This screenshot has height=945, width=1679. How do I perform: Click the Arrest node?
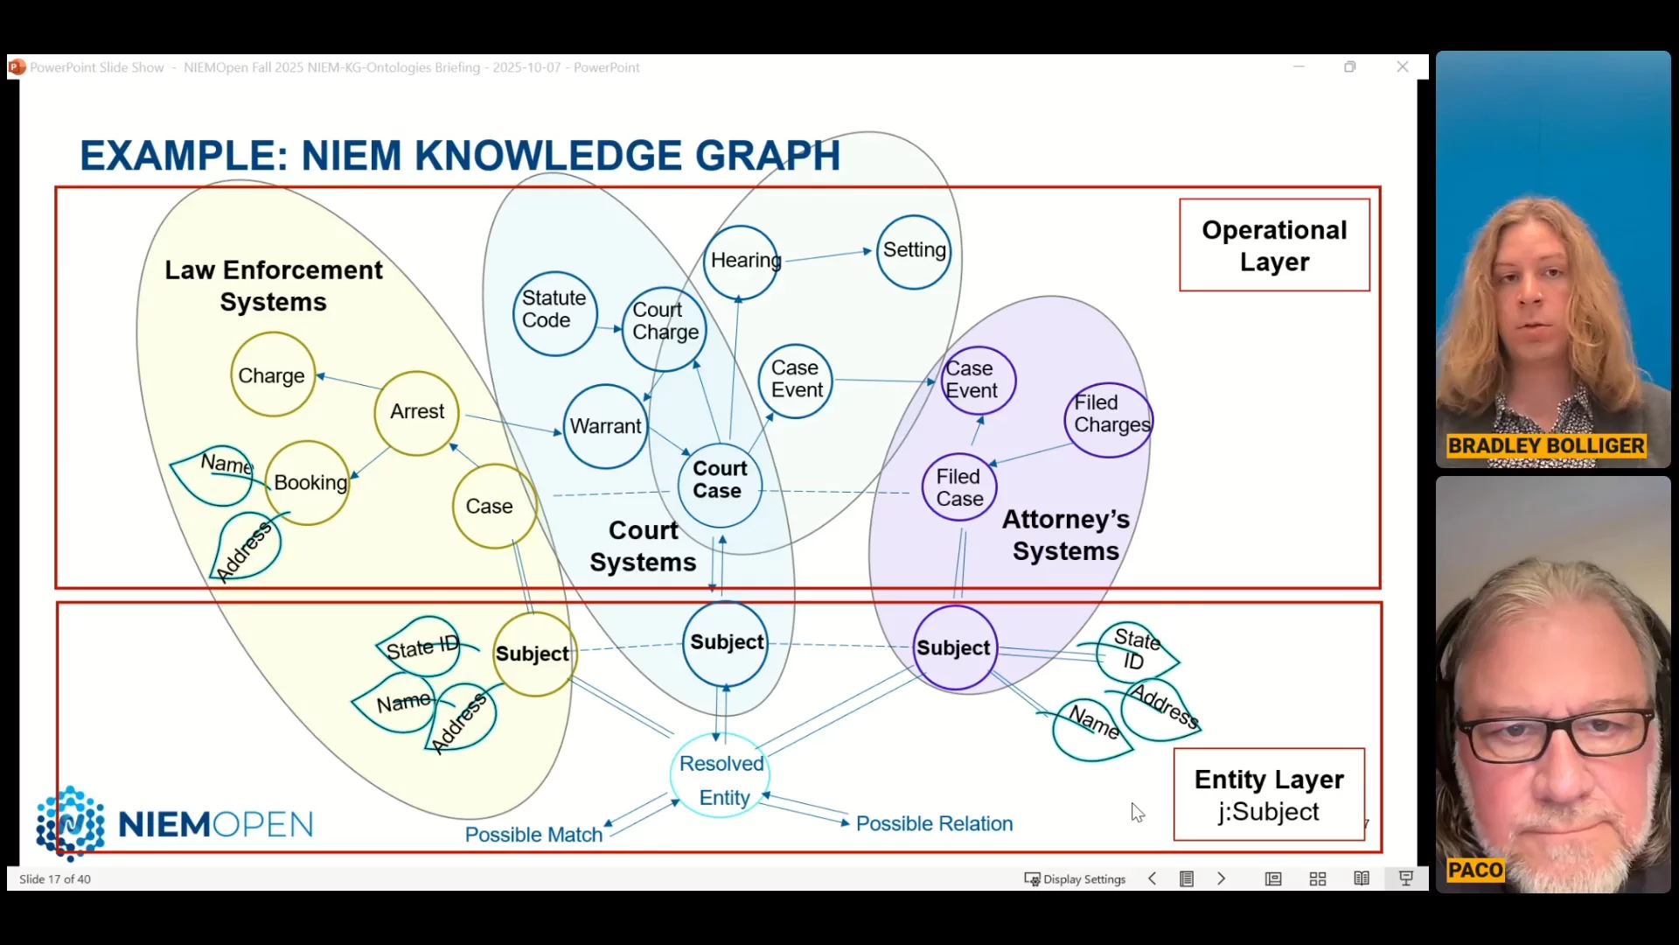tap(417, 412)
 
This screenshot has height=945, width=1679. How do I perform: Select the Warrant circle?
tap(605, 426)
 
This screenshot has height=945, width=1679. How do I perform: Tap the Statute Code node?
tap(554, 311)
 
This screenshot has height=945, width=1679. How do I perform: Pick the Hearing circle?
tap(742, 261)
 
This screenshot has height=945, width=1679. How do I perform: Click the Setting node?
tap(914, 251)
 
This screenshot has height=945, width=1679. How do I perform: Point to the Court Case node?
tap(719, 480)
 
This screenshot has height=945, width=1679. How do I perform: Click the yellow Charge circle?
tap(272, 376)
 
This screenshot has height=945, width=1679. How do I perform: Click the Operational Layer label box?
tap(1274, 245)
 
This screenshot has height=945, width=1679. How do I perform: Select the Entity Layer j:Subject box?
tap(1269, 794)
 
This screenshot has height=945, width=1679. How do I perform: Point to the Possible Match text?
tap(533, 835)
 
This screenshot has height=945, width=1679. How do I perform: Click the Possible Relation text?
tap(934, 824)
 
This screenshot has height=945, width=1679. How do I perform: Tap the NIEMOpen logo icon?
tap(70, 822)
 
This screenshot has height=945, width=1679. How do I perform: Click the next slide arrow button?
tap(1222, 878)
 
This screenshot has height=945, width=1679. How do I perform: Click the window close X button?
tap(1403, 67)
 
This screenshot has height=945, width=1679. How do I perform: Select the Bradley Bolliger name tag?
tap(1545, 446)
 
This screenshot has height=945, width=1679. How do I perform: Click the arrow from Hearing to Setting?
tap(827, 255)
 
